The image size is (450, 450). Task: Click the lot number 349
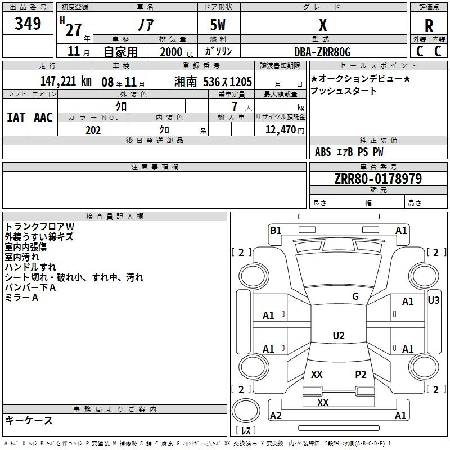coord(28,24)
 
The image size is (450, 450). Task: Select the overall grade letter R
coord(429,26)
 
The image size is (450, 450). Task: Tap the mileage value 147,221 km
coord(66,81)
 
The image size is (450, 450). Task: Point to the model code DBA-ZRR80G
coord(322,52)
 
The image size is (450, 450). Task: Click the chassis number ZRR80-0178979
coord(378,178)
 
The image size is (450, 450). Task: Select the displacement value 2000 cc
coord(177,52)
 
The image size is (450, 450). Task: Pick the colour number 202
coord(93,130)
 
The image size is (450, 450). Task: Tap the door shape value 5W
coord(218,25)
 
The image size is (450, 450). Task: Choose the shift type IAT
coord(16,118)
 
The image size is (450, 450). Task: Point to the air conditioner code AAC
coord(43,118)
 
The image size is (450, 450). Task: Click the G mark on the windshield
coord(355,296)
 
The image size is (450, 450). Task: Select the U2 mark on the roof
coord(339,335)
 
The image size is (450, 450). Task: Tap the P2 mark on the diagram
coord(361,375)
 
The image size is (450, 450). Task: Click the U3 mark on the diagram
coord(433,300)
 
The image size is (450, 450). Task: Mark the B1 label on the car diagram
coord(276,231)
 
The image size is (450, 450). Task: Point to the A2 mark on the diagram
coord(276,415)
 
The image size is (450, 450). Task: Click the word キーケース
coord(29,421)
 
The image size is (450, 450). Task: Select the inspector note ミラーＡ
coord(21,298)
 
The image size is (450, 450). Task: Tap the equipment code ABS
coord(323,152)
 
